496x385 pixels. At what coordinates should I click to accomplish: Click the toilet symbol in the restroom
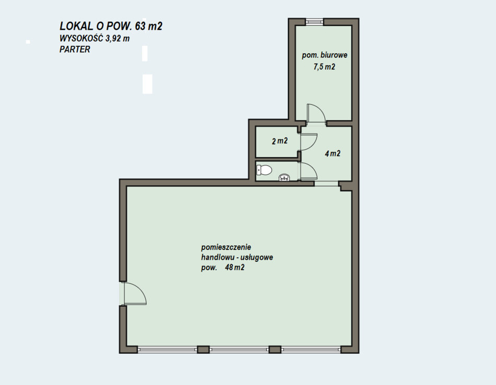[x=264, y=170]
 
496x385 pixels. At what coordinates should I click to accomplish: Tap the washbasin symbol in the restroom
[x=284, y=177]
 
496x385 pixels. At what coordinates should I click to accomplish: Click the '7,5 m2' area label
[x=324, y=67]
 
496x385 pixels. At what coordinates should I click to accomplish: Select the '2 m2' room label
[x=280, y=141]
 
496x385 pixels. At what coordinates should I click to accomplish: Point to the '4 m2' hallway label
[x=333, y=153]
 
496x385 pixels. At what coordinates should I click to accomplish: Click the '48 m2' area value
[x=235, y=268]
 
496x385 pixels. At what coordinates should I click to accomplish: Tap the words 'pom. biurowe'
[x=325, y=55]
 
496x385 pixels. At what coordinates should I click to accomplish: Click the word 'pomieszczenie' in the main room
[x=226, y=247]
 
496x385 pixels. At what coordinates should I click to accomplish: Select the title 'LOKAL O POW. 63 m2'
[x=111, y=26]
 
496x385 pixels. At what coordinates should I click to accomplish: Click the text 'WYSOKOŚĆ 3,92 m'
[x=95, y=39]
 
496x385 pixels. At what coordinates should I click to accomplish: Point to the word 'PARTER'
[x=75, y=50]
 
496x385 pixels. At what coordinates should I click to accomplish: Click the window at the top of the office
[x=314, y=21]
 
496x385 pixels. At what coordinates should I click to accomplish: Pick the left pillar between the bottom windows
[x=203, y=350]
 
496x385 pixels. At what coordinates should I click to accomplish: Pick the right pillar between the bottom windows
[x=275, y=350]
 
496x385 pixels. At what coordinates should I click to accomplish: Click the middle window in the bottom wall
[x=239, y=350]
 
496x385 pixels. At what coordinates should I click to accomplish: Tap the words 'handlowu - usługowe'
[x=237, y=257]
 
